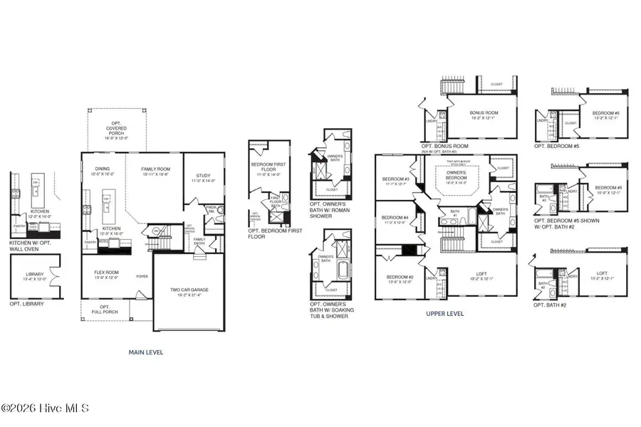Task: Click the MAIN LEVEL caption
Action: click(x=146, y=352)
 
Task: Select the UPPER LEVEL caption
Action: click(x=445, y=312)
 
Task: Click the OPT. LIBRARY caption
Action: click(x=26, y=304)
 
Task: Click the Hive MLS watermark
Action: click(x=45, y=408)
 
